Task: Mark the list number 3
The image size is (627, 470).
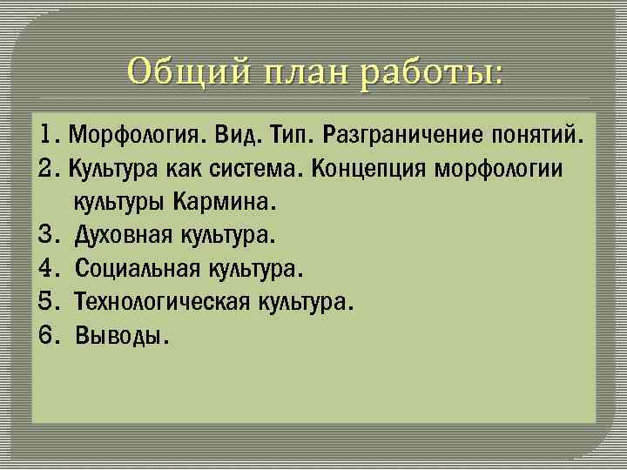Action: point(48,236)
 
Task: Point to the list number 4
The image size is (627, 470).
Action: point(48,269)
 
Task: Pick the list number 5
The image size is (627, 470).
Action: point(48,302)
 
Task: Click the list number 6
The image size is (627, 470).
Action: point(48,335)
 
